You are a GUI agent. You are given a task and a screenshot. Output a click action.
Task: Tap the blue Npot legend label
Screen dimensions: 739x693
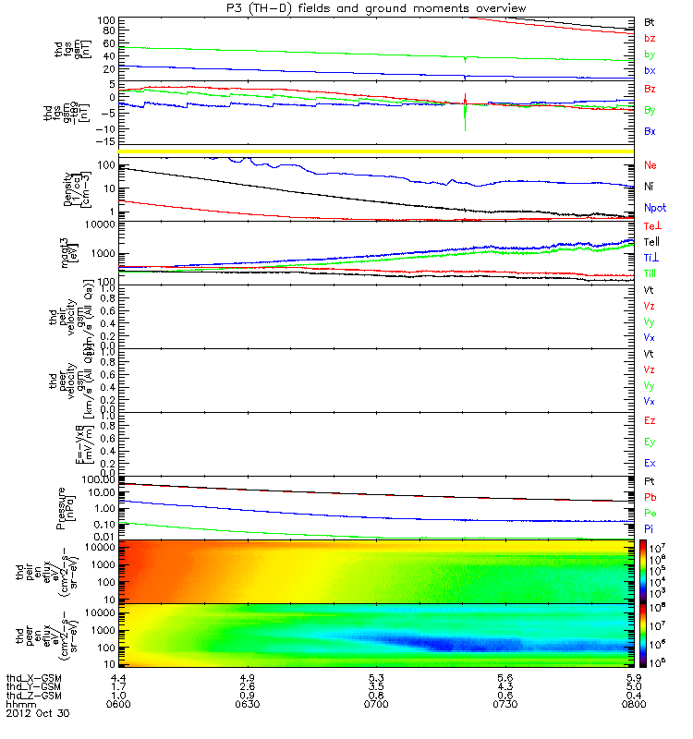(x=653, y=208)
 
